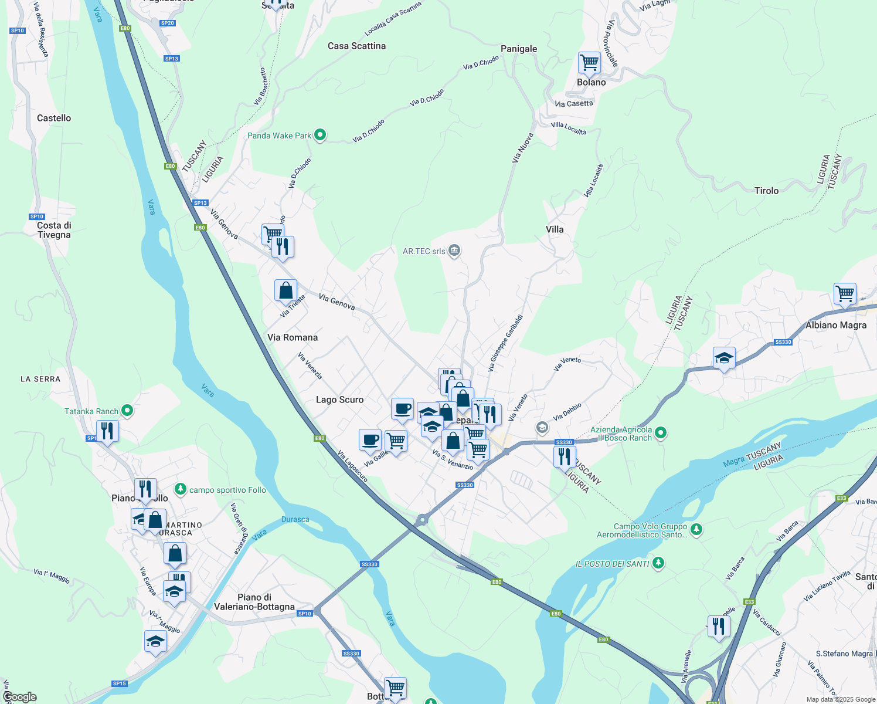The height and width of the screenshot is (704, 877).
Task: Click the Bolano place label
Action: pyautogui.click(x=591, y=82)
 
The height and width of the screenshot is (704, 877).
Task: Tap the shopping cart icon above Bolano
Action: pyautogui.click(x=589, y=63)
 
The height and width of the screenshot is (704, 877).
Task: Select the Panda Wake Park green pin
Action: pyautogui.click(x=320, y=136)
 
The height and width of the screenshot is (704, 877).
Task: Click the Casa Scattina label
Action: pyautogui.click(x=356, y=46)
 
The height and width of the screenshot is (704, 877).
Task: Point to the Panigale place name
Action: pyautogui.click(x=518, y=49)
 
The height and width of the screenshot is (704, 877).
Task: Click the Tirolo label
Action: pyautogui.click(x=766, y=191)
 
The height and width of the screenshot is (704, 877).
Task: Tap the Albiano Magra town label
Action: pyautogui.click(x=835, y=325)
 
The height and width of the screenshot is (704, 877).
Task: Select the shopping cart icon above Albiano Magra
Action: pyautogui.click(x=845, y=293)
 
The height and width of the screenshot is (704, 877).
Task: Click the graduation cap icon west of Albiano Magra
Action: pyautogui.click(x=724, y=358)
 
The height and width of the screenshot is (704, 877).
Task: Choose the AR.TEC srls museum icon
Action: pyautogui.click(x=454, y=251)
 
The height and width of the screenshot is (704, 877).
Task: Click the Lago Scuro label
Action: pyautogui.click(x=339, y=400)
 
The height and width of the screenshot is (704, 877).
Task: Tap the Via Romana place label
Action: pyautogui.click(x=292, y=337)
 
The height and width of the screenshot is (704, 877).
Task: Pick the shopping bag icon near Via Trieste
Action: pyautogui.click(x=285, y=290)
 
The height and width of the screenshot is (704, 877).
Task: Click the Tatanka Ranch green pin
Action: pyautogui.click(x=127, y=411)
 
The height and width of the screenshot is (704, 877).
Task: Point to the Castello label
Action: pyautogui.click(x=54, y=118)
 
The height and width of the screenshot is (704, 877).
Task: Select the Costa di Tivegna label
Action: pyautogui.click(x=54, y=230)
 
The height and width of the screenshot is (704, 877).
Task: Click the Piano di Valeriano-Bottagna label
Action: pyautogui.click(x=254, y=602)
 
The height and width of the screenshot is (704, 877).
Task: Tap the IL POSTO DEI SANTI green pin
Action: pyautogui.click(x=658, y=564)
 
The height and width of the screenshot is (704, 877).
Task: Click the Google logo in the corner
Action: pyautogui.click(x=19, y=697)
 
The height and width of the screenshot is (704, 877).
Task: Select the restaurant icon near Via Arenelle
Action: pyautogui.click(x=718, y=626)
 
